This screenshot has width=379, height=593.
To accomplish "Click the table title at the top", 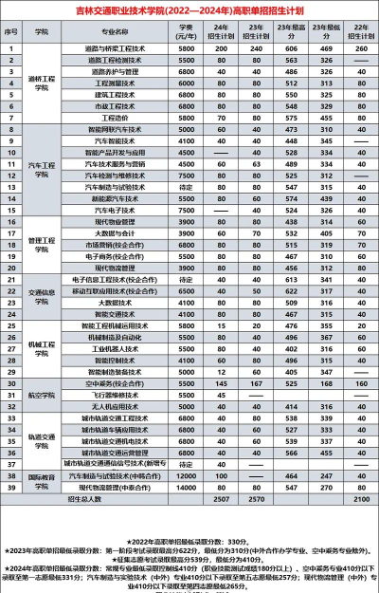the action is (189, 11).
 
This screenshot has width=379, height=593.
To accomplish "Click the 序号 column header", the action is (11, 31).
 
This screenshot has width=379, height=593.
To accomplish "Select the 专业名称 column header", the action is (114, 31).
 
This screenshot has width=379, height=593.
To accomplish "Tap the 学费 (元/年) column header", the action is (187, 31).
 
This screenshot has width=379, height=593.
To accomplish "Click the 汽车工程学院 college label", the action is (41, 167).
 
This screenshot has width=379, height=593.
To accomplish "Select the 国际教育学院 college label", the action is (41, 480).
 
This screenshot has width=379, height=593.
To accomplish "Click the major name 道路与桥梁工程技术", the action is (114, 47).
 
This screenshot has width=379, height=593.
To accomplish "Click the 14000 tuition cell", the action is (187, 474).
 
